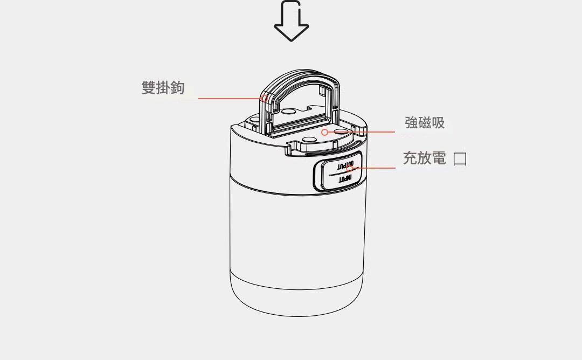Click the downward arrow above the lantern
[x=292, y=21]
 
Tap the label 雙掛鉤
[x=163, y=88]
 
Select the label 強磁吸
[x=425, y=122]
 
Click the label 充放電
[x=424, y=158]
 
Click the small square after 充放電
[x=460, y=159]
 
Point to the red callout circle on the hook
[x=264, y=98]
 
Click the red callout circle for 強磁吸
[x=325, y=132]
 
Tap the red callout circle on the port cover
[x=349, y=168]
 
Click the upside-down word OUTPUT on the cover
[x=345, y=164]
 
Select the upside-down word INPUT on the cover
[x=345, y=179]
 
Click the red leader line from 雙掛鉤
[x=230, y=98]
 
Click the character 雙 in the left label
[x=149, y=88]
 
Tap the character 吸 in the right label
[x=438, y=122]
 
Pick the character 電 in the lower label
[x=439, y=158]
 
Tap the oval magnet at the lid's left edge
[x=254, y=120]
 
